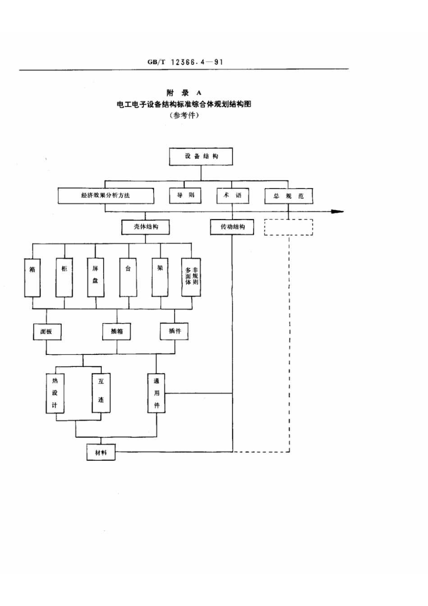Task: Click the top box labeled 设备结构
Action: tap(201, 156)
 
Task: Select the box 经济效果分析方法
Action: tap(106, 196)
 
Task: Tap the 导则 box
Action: tap(186, 195)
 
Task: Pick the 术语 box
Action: tap(232, 195)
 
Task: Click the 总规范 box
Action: tap(288, 196)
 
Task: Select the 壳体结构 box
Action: tap(146, 227)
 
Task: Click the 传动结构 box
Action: tap(232, 227)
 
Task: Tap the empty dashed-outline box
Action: tap(288, 227)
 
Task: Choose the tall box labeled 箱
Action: tap(32, 276)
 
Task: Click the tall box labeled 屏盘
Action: tap(96, 276)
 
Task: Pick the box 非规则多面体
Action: tap(191, 276)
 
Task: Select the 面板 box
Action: tap(46, 331)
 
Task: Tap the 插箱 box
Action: tap(117, 331)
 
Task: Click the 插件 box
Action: tap(174, 331)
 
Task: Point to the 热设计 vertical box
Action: tap(55, 392)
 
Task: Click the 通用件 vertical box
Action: tap(156, 392)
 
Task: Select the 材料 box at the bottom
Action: tap(101, 452)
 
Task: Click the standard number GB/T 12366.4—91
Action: tap(185, 62)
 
